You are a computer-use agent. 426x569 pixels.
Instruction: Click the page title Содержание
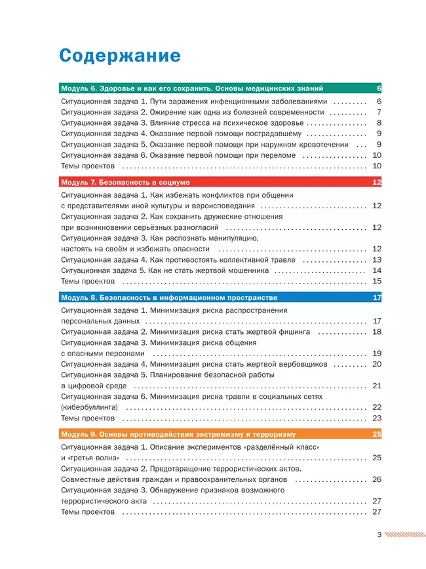pos(119,55)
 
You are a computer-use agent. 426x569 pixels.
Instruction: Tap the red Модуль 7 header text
pos(125,182)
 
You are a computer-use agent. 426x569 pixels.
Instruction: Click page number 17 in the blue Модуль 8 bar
pos(376,298)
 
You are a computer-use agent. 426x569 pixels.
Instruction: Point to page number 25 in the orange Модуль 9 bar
pos(376,434)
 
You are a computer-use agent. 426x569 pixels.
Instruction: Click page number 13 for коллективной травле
pos(376,260)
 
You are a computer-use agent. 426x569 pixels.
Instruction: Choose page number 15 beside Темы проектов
pos(376,282)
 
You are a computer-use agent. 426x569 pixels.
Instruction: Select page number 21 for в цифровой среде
pos(376,386)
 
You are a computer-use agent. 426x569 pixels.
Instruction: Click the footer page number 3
pos(379,535)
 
